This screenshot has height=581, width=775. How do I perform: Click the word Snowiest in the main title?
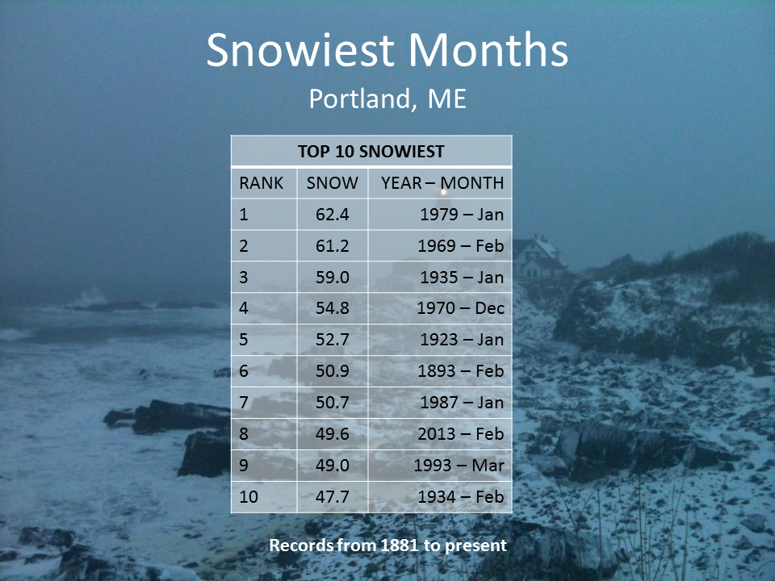click(x=300, y=49)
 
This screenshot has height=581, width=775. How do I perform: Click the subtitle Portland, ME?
click(x=387, y=98)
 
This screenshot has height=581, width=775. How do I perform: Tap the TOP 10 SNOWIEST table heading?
click(x=371, y=151)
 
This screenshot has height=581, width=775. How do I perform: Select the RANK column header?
click(x=261, y=183)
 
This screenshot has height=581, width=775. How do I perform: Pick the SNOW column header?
click(x=332, y=183)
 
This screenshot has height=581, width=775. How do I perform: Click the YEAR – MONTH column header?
click(x=442, y=183)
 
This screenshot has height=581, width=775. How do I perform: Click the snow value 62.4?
click(x=332, y=215)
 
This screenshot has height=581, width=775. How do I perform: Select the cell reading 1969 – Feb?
click(x=461, y=245)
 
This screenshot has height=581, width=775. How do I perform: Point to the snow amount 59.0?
click(x=332, y=277)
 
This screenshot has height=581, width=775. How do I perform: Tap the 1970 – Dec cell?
click(x=460, y=308)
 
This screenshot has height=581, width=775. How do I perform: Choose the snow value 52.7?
click(x=332, y=340)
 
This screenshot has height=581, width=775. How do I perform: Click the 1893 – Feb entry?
click(x=461, y=371)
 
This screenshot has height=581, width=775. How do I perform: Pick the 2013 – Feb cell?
click(x=461, y=434)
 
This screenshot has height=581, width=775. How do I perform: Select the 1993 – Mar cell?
click(x=459, y=466)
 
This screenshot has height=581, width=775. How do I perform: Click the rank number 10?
click(x=248, y=496)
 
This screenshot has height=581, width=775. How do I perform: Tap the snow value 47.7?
click(x=332, y=496)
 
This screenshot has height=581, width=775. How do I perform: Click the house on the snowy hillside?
click(x=539, y=257)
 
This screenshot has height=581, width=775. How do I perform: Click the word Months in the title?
click(x=488, y=49)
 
